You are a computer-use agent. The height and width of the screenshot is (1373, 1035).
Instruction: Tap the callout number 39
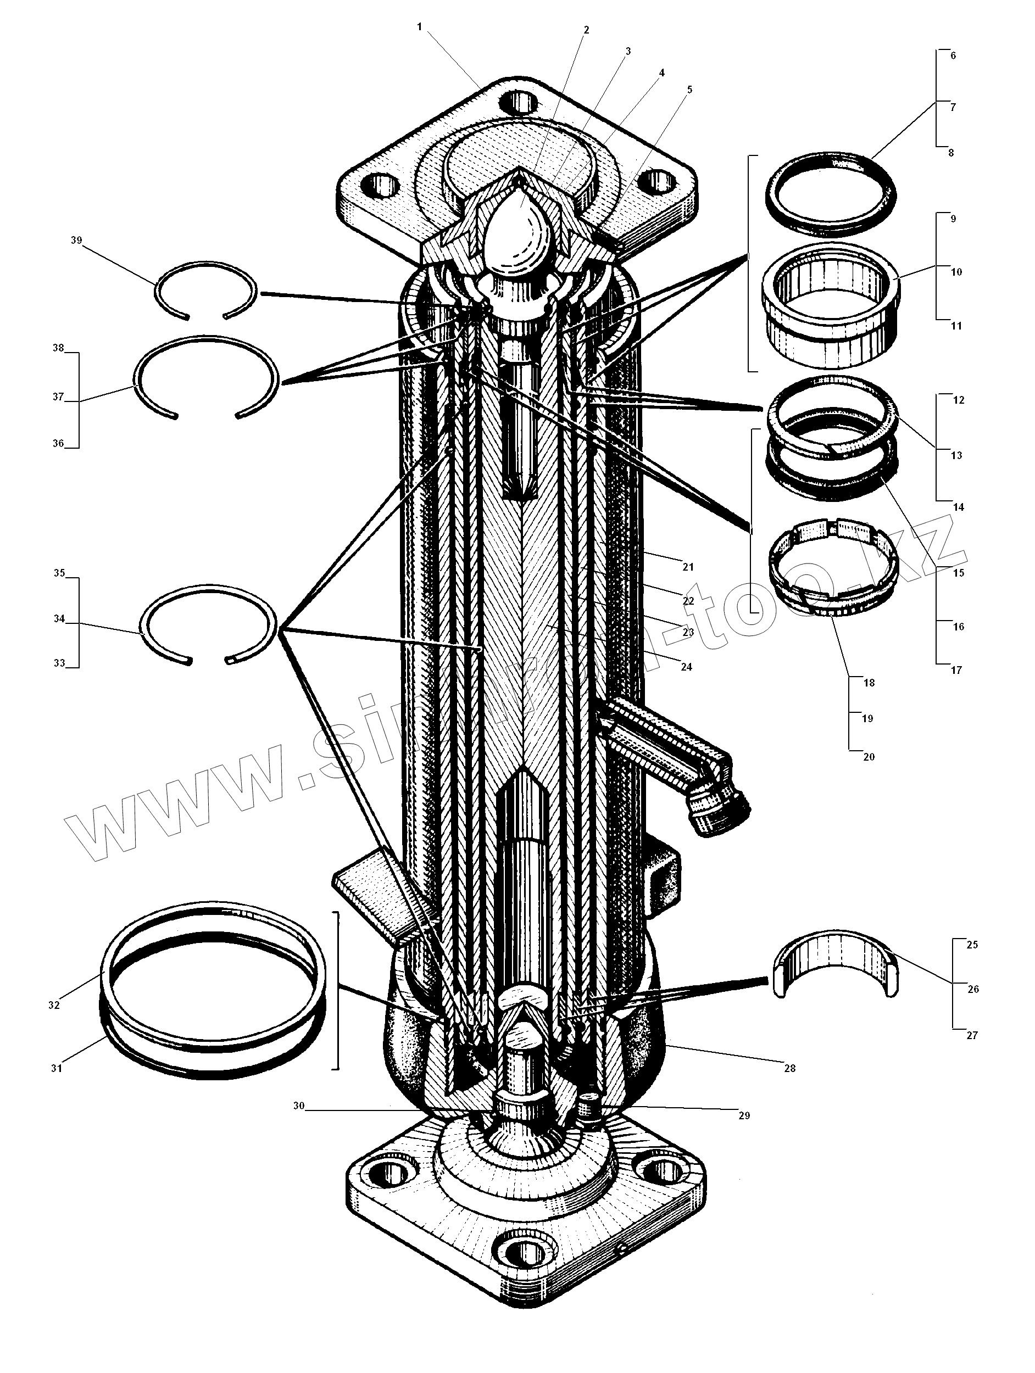coord(76,240)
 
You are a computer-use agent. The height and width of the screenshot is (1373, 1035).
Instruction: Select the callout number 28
coord(789,1069)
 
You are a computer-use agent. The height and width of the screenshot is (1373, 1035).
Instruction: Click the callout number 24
coord(686,667)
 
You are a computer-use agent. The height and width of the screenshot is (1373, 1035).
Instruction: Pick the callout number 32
coord(54,1005)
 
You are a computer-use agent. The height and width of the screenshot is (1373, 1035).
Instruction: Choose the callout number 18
coord(869,683)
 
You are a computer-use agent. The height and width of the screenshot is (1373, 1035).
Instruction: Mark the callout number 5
coord(689,90)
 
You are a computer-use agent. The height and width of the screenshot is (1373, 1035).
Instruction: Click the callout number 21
coord(688,567)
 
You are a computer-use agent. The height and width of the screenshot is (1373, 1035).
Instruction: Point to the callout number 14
coord(958,507)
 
